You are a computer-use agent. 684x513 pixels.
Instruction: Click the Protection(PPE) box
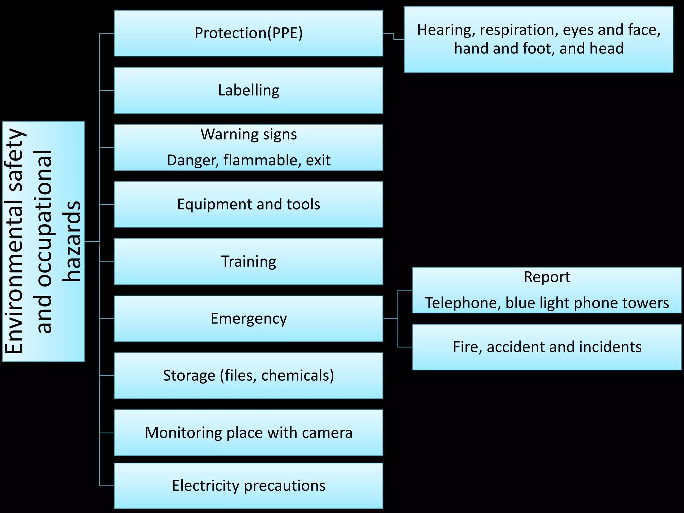coord(248,33)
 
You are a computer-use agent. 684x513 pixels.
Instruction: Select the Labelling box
coord(248,91)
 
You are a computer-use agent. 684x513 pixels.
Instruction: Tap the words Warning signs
coord(248,135)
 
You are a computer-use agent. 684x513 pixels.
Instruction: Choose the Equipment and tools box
coord(248,204)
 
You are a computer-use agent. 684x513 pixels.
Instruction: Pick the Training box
coord(248,262)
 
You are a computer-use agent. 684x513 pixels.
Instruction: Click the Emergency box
coord(248,319)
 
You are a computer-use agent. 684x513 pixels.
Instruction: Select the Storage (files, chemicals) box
coord(248,376)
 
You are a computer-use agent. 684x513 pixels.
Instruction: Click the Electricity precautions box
coord(248,486)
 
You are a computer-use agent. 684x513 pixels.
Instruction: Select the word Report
coord(547,277)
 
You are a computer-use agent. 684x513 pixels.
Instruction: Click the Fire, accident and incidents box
coord(547,347)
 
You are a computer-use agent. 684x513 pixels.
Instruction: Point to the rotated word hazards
coord(72,241)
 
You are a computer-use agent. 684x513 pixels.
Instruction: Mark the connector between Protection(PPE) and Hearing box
coord(394,36)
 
